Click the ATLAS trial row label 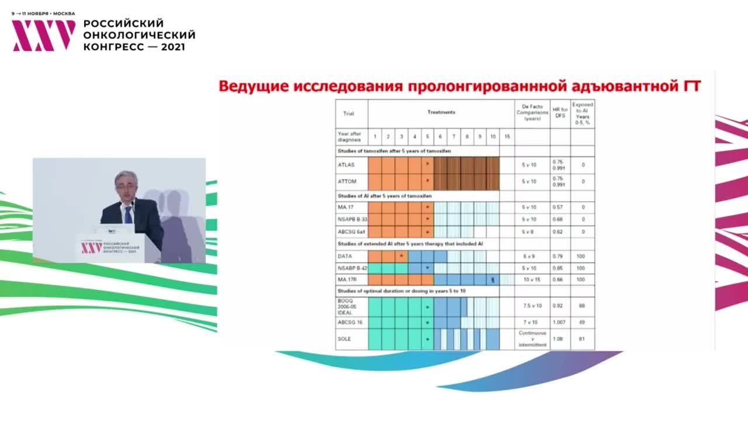(x=346, y=165)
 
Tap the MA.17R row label (x=347, y=279)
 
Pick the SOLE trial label (x=344, y=339)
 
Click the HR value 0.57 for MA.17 (x=559, y=208)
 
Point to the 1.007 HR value (x=560, y=322)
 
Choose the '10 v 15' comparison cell (x=531, y=279)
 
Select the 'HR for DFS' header (x=560, y=112)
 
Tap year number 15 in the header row (x=507, y=136)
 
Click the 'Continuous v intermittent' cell (x=532, y=339)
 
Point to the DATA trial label (x=345, y=256)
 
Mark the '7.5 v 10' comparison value (x=531, y=306)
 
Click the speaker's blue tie (x=128, y=214)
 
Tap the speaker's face (x=125, y=187)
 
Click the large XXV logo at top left (x=44, y=35)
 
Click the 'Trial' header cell (x=348, y=113)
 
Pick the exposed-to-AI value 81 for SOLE (x=582, y=339)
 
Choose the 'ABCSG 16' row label (x=349, y=322)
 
